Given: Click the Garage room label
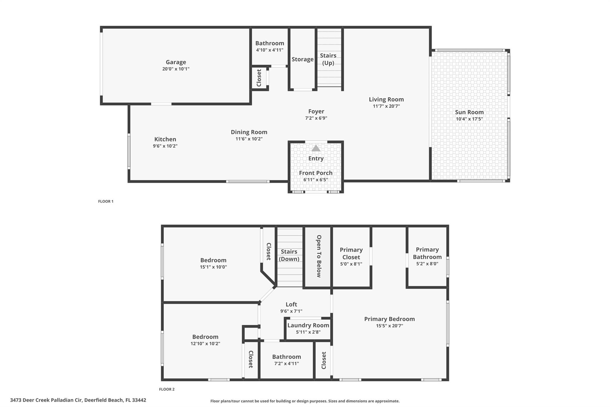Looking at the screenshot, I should (176, 62).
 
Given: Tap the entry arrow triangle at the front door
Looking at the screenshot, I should (316, 148).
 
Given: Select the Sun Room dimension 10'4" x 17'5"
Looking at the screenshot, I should (469, 119).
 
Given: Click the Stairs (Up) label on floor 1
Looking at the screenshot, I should (328, 59).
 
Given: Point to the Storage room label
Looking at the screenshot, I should (302, 59).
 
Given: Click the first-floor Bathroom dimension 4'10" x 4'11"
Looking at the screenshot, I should (270, 50).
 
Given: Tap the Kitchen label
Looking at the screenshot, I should (165, 139).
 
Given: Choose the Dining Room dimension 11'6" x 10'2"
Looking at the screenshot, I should (249, 139).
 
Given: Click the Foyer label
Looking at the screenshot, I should (316, 111).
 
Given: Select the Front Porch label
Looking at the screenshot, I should (316, 173).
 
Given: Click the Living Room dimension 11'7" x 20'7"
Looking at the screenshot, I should (386, 106).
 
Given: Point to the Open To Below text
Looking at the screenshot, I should (319, 256).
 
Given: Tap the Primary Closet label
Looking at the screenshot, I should (351, 253).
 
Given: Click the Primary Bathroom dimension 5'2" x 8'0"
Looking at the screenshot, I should (427, 264).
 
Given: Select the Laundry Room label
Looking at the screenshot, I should (308, 325).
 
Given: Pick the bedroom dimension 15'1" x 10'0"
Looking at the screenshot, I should (213, 267).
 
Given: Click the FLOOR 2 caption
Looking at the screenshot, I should (166, 389).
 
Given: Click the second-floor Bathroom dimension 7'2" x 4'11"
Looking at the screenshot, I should (286, 363).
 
